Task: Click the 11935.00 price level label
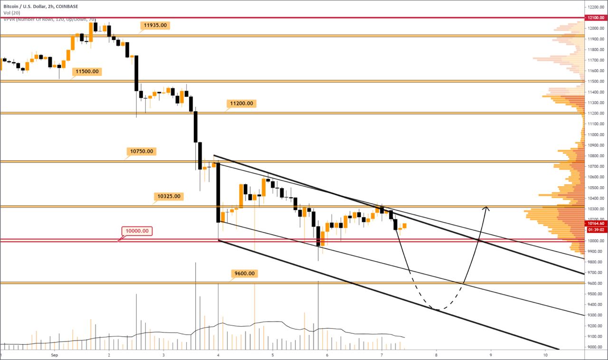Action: tap(155, 25)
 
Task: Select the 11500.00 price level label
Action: tap(87, 71)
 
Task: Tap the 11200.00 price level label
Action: tap(241, 103)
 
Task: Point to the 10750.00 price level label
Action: tap(142, 152)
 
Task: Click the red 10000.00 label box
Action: tap(137, 231)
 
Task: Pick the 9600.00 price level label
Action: tap(244, 274)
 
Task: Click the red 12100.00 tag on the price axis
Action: tap(595, 18)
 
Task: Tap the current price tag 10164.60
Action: tap(595, 223)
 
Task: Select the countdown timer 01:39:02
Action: tap(595, 229)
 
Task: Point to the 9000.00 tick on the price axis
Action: tap(594, 347)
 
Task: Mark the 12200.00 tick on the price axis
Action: tap(595, 7)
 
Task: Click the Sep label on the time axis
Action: tap(54, 355)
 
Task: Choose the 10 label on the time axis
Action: tap(545, 355)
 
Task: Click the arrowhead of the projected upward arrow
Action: tap(486, 208)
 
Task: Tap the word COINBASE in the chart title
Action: tap(66, 6)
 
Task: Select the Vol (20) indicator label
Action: tap(10, 13)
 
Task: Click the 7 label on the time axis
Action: tap(382, 355)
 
